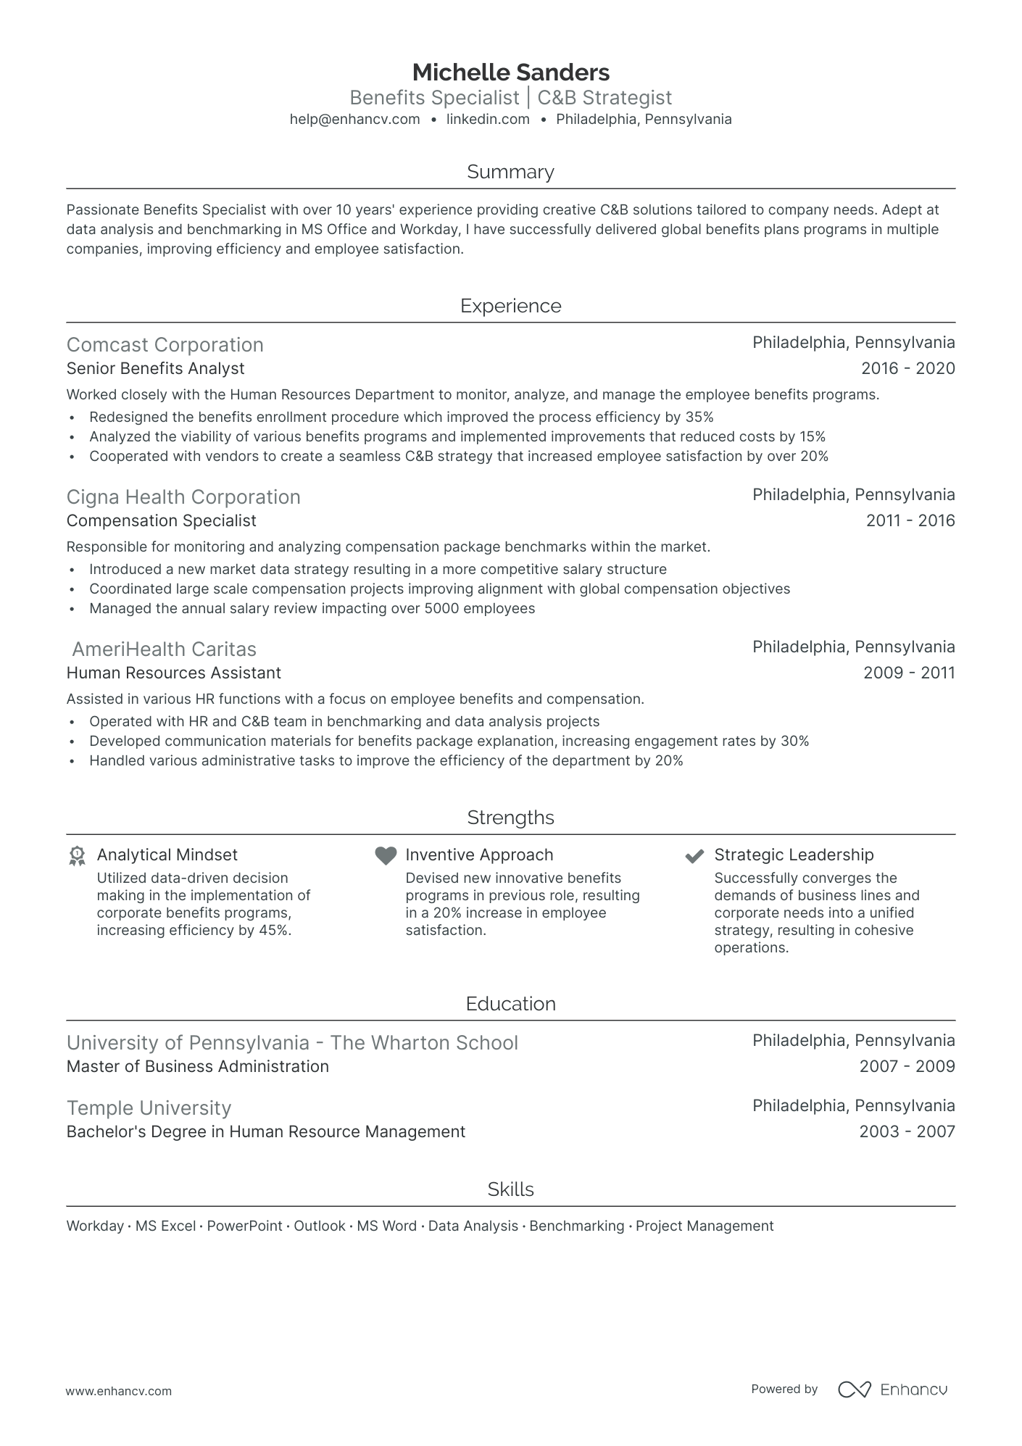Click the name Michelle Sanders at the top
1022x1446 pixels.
[x=510, y=72]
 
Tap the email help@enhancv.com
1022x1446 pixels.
[x=354, y=120]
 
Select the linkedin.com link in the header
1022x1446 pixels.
[x=488, y=120]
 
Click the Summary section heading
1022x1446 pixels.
[x=510, y=172]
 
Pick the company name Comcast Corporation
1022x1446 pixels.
[x=165, y=345]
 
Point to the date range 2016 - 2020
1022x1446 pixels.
[x=907, y=368]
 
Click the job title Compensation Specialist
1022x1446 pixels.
[x=161, y=520]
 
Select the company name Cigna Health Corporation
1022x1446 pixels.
[x=183, y=497]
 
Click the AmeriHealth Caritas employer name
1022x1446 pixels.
[x=164, y=649]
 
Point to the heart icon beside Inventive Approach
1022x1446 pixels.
[x=386, y=855]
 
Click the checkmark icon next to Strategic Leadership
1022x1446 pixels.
[x=694, y=856]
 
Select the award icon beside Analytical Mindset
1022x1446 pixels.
[x=77, y=856]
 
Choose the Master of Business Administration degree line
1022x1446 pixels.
[x=197, y=1066]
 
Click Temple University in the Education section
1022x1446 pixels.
[x=149, y=1108]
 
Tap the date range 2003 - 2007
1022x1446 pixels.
[x=907, y=1131]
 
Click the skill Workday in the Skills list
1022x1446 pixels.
[x=95, y=1226]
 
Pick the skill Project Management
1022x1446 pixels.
[x=704, y=1226]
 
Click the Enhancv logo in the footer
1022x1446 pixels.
[x=892, y=1389]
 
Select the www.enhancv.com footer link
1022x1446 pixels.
[x=119, y=1391]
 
